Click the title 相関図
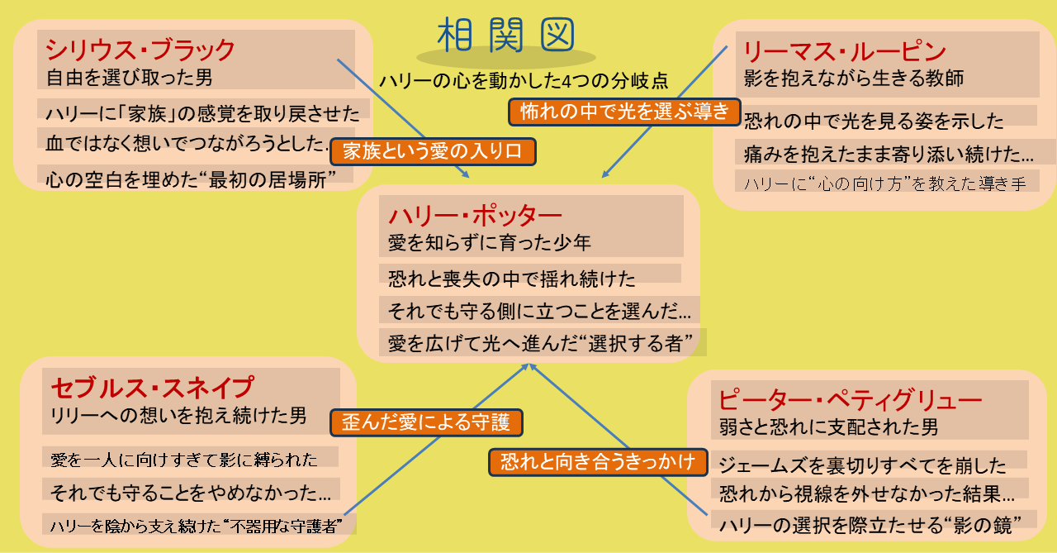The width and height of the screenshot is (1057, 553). click(x=505, y=35)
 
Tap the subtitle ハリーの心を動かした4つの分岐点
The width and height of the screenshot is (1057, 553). click(x=524, y=81)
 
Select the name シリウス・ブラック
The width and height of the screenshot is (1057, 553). click(x=140, y=50)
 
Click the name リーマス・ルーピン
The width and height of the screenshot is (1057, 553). click(x=845, y=51)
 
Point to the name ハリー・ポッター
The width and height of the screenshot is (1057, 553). click(x=475, y=217)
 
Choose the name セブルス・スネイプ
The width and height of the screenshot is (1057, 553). click(x=152, y=389)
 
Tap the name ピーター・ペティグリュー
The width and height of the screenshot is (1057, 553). click(x=850, y=400)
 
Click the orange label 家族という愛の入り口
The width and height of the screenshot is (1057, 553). click(x=433, y=151)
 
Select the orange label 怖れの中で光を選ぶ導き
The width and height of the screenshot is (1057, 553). click(x=624, y=112)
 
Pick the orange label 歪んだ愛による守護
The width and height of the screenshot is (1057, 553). click(x=426, y=422)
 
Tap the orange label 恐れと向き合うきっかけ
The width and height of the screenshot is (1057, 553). click(x=598, y=462)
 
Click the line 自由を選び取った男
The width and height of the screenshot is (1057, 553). click(x=130, y=78)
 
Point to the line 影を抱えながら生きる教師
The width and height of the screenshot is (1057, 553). click(x=854, y=78)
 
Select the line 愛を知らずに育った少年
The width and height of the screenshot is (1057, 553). click(x=490, y=243)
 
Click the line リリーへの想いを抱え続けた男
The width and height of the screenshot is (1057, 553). click(x=179, y=416)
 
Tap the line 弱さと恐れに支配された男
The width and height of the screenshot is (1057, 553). click(x=828, y=427)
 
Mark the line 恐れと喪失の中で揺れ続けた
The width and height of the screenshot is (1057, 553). click(x=512, y=279)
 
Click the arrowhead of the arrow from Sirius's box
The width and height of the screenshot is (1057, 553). click(x=466, y=174)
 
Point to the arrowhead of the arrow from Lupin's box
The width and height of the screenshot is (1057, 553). click(x=606, y=174)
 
